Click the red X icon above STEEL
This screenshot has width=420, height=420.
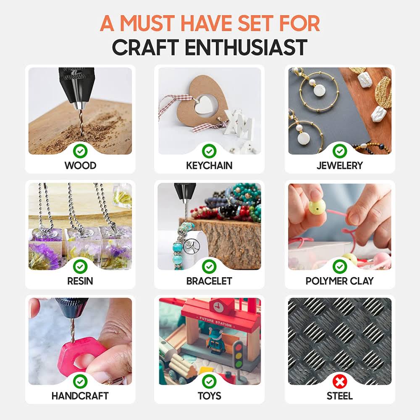tap(340, 381)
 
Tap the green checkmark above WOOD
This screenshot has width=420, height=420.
tap(80, 151)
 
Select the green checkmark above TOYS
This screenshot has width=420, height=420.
tap(209, 381)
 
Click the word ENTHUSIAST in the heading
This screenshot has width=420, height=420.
tap(246, 47)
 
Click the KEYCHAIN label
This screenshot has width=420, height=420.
tap(209, 165)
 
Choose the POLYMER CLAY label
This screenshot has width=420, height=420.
tap(340, 281)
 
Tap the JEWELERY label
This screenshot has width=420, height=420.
tap(340, 165)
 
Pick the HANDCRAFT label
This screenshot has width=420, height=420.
tap(80, 396)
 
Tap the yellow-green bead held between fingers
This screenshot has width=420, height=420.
tap(317, 207)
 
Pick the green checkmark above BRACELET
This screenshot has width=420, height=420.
tap(209, 267)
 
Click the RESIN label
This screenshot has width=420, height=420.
tap(80, 281)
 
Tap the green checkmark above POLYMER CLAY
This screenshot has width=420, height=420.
tap(340, 267)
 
